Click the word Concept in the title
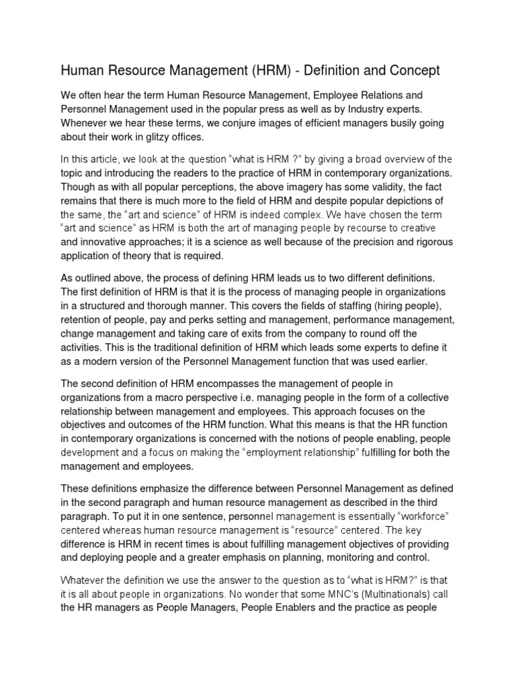409,70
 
